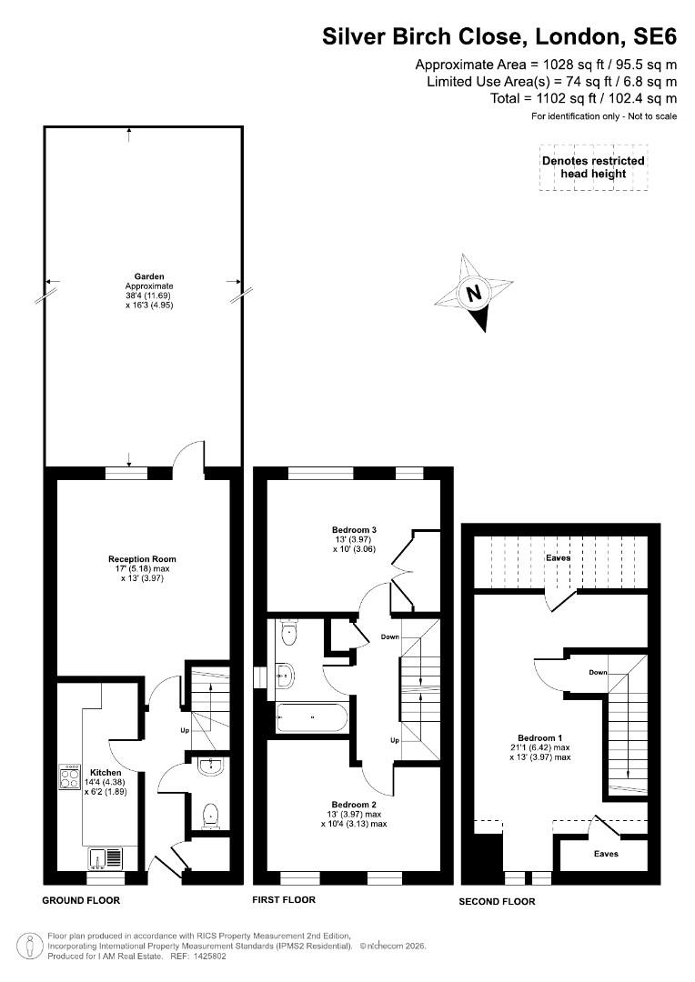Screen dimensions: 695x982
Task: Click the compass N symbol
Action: click(475, 293)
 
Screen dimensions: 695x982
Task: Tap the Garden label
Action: click(149, 276)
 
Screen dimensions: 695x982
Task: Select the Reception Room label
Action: click(142, 558)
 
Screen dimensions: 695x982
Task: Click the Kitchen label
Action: click(106, 773)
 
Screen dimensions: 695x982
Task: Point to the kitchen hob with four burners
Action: click(69, 777)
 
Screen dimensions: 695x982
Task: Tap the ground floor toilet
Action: click(210, 816)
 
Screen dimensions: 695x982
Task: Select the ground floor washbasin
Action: click(210, 767)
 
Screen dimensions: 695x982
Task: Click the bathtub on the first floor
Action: click(311, 717)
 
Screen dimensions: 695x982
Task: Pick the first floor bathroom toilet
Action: click(289, 633)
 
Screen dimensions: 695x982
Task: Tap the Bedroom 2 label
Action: click(354, 804)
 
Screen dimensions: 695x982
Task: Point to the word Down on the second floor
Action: click(598, 672)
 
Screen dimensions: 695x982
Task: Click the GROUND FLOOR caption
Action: click(81, 900)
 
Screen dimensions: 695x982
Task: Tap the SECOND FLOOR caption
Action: click(497, 902)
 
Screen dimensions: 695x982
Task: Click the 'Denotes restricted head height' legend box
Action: click(593, 167)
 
